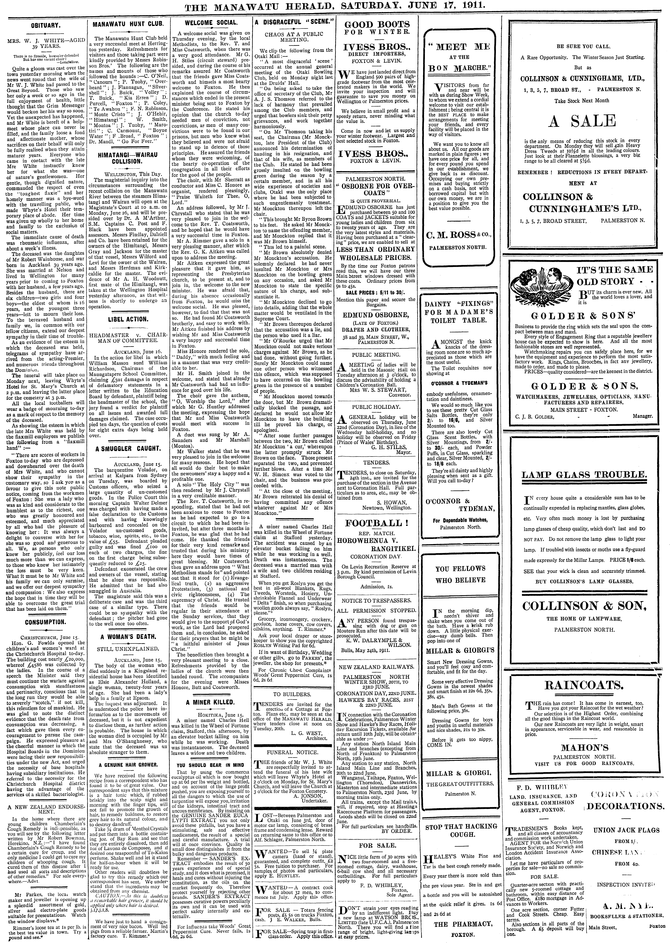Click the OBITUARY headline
point(43,24)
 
